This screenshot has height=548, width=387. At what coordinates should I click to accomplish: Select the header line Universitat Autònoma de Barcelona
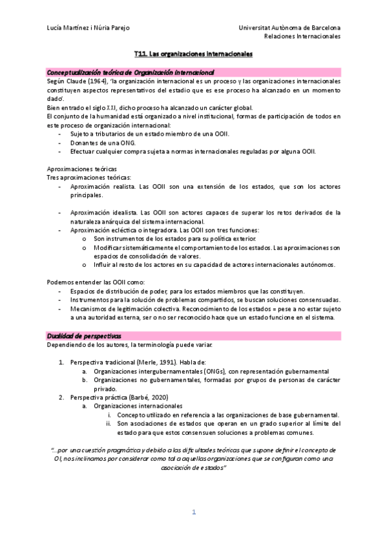coord(289,28)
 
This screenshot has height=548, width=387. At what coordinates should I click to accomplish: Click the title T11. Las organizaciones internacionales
coord(193,55)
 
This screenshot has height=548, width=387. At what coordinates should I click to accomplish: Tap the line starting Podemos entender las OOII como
coord(95,282)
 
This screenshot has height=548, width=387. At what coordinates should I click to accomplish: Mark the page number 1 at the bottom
coord(193,512)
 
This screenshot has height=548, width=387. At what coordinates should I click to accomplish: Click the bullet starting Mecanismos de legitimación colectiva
coord(205,310)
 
